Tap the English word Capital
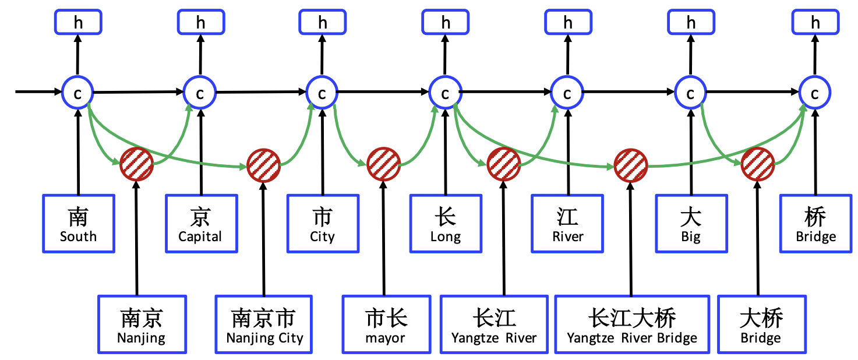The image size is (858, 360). click(200, 237)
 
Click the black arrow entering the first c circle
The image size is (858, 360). click(38, 91)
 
